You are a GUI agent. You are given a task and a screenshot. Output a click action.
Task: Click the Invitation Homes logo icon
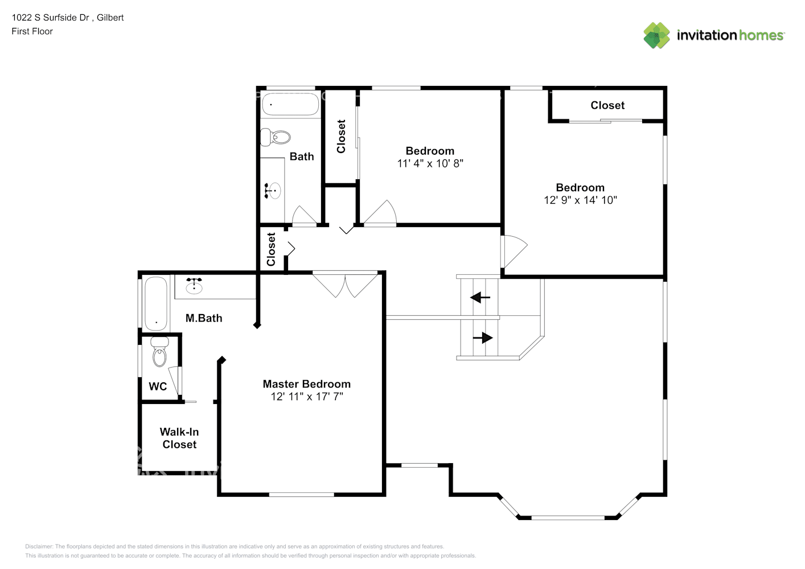tap(656, 35)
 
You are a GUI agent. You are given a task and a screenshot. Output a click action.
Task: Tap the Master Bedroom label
tap(306, 384)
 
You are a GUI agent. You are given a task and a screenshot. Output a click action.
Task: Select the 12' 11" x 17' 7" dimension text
tap(306, 397)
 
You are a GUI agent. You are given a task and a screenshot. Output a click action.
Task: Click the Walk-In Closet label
tap(179, 438)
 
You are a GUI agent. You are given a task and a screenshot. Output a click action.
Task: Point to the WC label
tap(158, 386)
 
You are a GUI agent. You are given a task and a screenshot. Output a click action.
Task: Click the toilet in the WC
tap(159, 352)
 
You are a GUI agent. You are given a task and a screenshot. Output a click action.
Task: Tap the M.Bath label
tap(204, 318)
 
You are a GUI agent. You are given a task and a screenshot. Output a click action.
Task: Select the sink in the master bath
tap(194, 286)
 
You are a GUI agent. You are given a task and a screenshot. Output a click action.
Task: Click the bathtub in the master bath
tap(156, 303)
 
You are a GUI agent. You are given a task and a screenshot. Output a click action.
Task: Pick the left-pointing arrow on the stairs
tap(480, 298)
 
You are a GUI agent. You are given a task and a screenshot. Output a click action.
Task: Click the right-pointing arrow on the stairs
tap(483, 337)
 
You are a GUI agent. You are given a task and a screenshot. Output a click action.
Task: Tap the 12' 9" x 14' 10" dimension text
tap(580, 200)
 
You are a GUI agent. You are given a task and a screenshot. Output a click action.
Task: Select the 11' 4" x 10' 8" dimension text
tap(430, 163)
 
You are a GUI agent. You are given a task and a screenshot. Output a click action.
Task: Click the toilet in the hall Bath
tap(276, 137)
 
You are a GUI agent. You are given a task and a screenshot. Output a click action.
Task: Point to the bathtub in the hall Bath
tap(290, 104)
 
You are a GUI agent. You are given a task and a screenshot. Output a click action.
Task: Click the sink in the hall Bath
tap(272, 191)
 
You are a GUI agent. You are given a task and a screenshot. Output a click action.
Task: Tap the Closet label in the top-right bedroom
tap(607, 105)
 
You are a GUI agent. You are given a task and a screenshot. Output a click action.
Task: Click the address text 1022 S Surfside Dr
tap(50, 18)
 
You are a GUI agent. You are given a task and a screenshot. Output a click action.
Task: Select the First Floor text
tap(32, 31)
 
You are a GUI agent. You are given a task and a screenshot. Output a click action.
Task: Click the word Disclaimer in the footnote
tap(39, 546)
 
